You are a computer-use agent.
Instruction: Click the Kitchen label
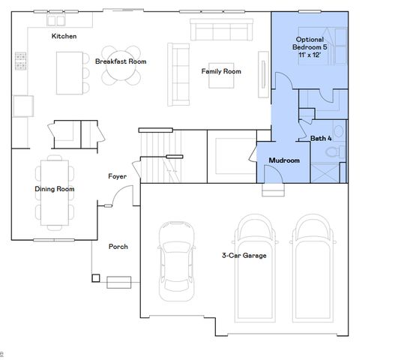[x=64, y=36]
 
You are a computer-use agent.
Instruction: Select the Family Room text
[x=221, y=71]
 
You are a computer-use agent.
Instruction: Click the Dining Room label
[x=55, y=189]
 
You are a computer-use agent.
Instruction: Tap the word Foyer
[x=117, y=176]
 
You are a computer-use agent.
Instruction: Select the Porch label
[x=118, y=246]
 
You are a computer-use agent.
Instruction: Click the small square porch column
[x=96, y=278]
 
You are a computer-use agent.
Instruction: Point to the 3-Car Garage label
[x=244, y=255]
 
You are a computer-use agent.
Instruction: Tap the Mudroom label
[x=284, y=160]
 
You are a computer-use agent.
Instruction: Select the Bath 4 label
[x=322, y=138]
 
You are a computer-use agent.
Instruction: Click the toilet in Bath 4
[x=335, y=152]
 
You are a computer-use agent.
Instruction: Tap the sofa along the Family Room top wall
[x=223, y=30]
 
